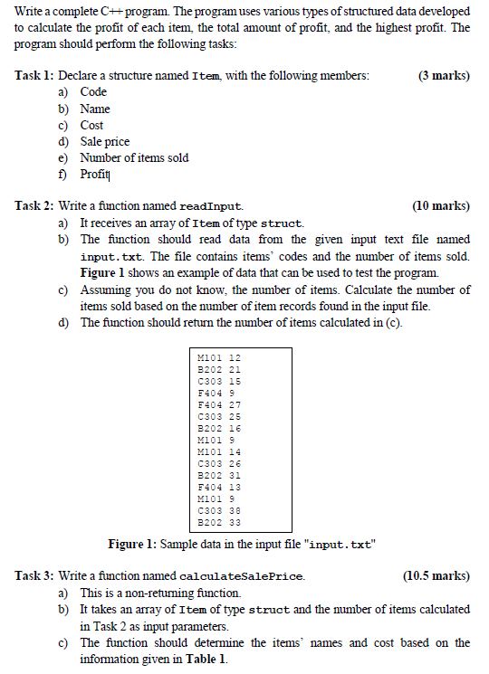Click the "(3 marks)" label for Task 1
pos(444,76)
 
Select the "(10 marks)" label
pos(441,206)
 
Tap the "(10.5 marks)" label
pos(436,575)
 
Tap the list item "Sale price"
pos(105,141)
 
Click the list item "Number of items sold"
pos(134,157)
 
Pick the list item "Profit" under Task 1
pos(94,174)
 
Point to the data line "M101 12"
pos(219,358)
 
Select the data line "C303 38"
pos(219,510)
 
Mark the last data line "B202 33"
pos(219,521)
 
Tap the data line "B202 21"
pos(219,369)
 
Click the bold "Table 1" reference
pos(205,659)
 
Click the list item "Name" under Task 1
pos(95,109)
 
